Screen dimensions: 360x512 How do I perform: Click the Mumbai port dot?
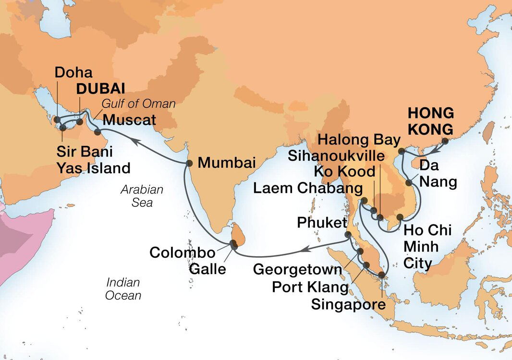(x=189, y=163)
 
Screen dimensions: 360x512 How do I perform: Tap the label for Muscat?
(x=130, y=120)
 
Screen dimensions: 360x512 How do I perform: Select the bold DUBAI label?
(x=100, y=88)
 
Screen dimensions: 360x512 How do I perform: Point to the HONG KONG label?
(x=430, y=121)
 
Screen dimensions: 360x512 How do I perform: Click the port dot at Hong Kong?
(x=445, y=141)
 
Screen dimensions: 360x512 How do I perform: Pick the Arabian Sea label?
(x=142, y=196)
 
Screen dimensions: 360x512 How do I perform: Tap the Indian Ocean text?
(x=123, y=288)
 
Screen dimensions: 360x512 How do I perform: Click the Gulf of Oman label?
(x=138, y=104)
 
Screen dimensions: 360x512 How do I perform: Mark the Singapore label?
(x=348, y=304)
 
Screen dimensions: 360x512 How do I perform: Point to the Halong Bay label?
(x=359, y=140)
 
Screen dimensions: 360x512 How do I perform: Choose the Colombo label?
(x=182, y=252)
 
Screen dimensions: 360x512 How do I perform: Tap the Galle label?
(x=207, y=269)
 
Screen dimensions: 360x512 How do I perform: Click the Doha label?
(x=73, y=72)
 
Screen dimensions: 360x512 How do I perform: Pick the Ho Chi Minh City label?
(x=427, y=246)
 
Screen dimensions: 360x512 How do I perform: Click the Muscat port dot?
(x=98, y=132)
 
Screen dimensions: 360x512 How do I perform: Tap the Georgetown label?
(x=297, y=269)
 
